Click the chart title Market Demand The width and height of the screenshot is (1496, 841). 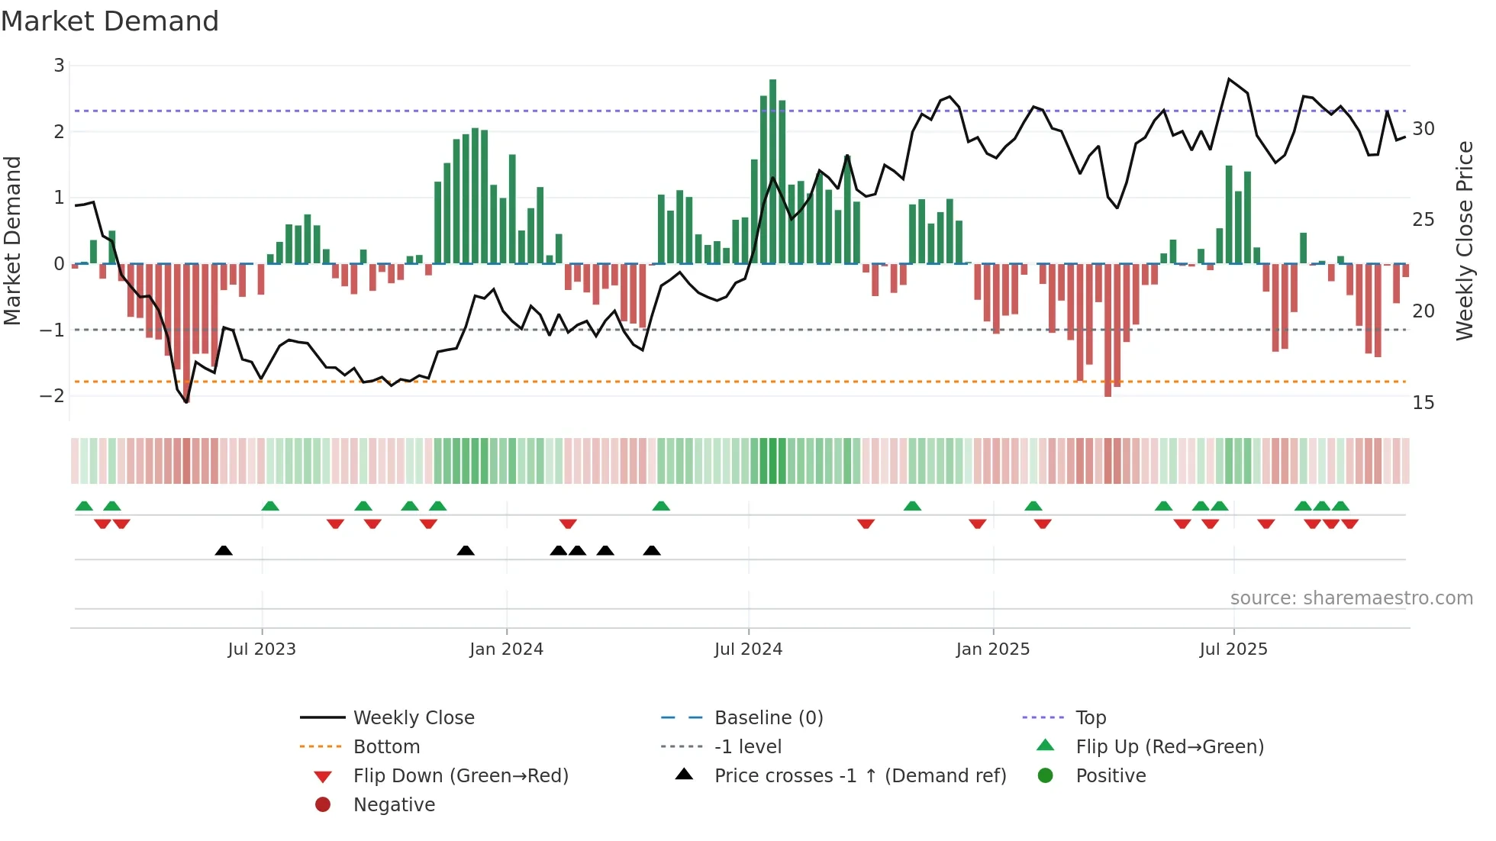point(110,21)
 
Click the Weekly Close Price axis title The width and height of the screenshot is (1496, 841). point(1464,240)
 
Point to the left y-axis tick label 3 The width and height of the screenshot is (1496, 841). point(59,66)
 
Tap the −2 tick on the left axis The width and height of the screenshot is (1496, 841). point(53,395)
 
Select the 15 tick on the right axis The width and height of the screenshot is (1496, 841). point(1423,403)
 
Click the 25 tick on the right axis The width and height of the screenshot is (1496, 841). point(1423,220)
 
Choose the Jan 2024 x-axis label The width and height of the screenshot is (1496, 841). point(506,649)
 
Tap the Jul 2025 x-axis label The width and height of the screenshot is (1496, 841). point(1233,649)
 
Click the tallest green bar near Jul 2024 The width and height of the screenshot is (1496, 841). point(772,172)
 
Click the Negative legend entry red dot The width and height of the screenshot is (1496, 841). point(323,805)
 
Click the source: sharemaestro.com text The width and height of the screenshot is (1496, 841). point(1351,598)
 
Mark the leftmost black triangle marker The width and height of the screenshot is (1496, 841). point(224,550)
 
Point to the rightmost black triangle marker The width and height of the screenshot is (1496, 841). point(652,550)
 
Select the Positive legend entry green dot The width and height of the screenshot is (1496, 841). point(1046,776)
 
